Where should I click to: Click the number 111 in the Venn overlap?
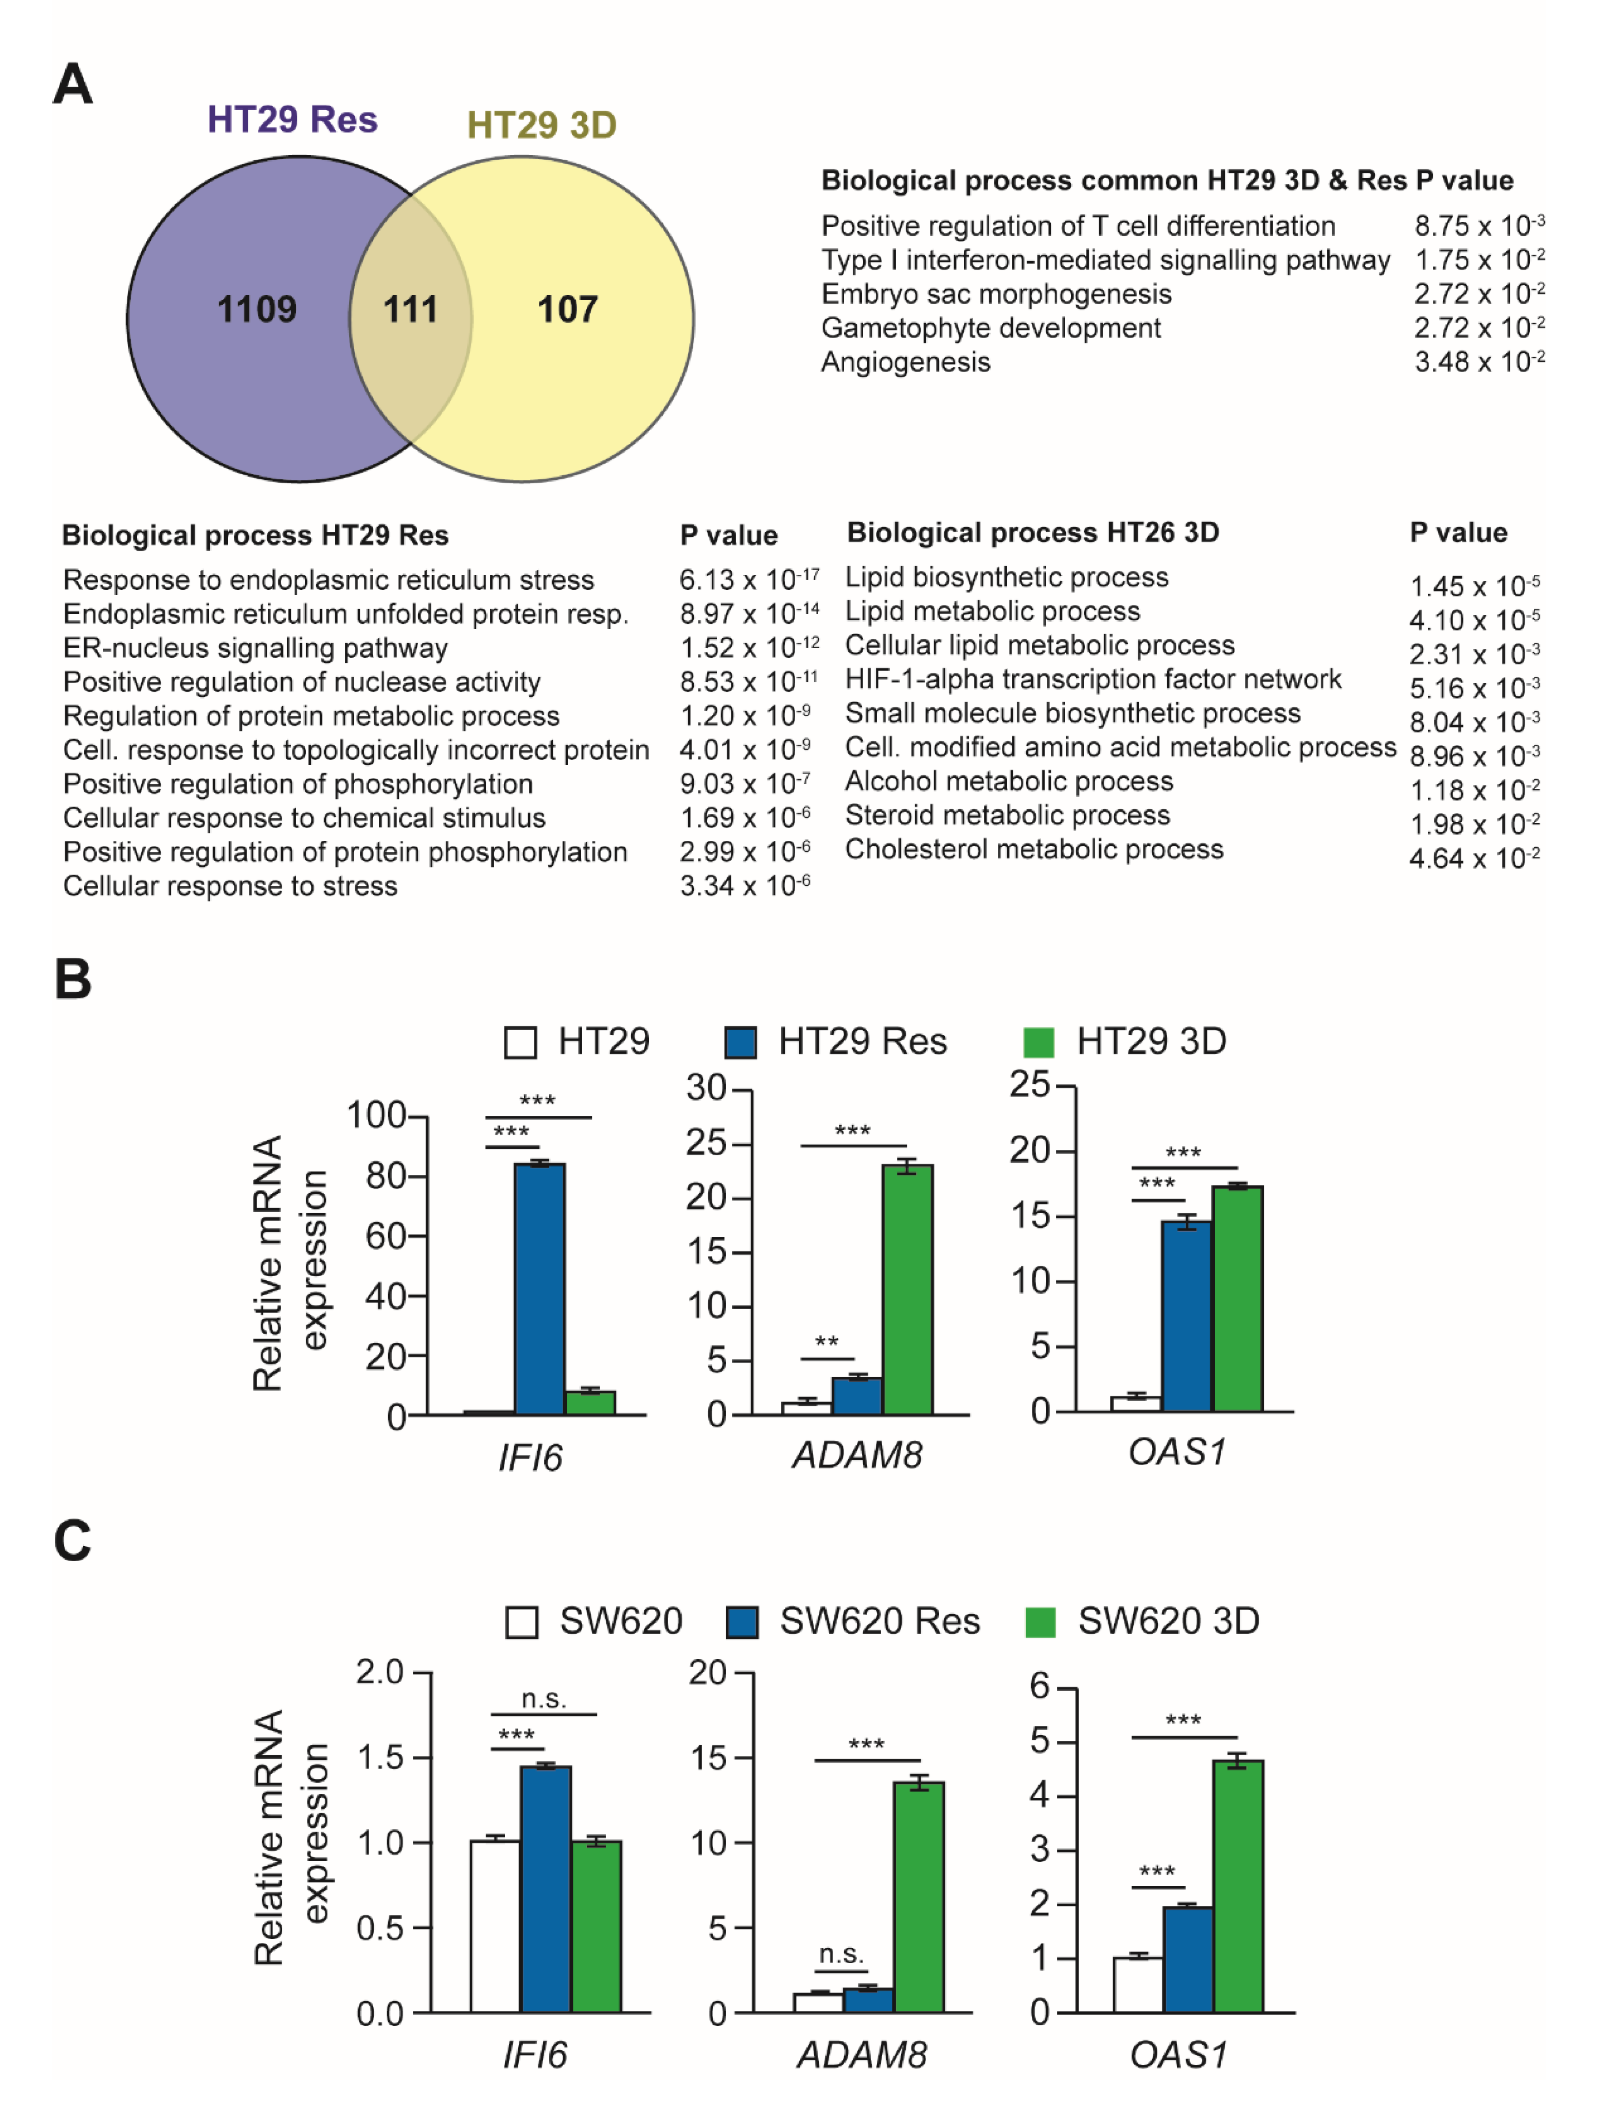(411, 309)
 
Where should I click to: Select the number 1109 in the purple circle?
(257, 309)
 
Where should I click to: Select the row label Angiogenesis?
(905, 362)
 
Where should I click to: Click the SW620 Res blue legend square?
(741, 1622)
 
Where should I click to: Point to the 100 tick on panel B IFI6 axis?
(376, 1116)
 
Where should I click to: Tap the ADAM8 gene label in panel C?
(861, 2055)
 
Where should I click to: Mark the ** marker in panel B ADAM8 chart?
(826, 1342)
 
